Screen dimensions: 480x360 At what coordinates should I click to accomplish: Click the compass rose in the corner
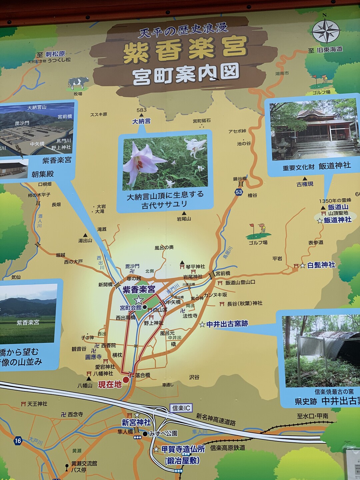pos(325,31)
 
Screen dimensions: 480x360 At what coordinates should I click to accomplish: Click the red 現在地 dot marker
pos(126,380)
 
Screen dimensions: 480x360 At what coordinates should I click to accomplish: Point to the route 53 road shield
pos(239,192)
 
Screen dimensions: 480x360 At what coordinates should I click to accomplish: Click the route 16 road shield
pos(18,441)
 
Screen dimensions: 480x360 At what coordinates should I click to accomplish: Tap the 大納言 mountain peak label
pos(141,121)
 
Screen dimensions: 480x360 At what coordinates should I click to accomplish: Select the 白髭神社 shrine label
pos(321,265)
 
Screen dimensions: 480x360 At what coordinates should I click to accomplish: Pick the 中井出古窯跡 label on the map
pos(227,324)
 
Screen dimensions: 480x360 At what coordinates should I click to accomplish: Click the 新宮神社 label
pos(136,423)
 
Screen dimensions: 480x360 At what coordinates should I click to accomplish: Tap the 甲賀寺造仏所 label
pos(183,449)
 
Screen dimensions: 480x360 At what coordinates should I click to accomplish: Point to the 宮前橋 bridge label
pos(223,273)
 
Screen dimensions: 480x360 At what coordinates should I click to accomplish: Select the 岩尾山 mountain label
pos(184,219)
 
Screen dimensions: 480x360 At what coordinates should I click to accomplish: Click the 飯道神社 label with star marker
pos(337,220)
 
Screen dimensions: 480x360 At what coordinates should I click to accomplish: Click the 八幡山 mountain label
pos(85,385)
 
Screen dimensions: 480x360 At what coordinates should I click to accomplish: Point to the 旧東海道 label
pos(330,50)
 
